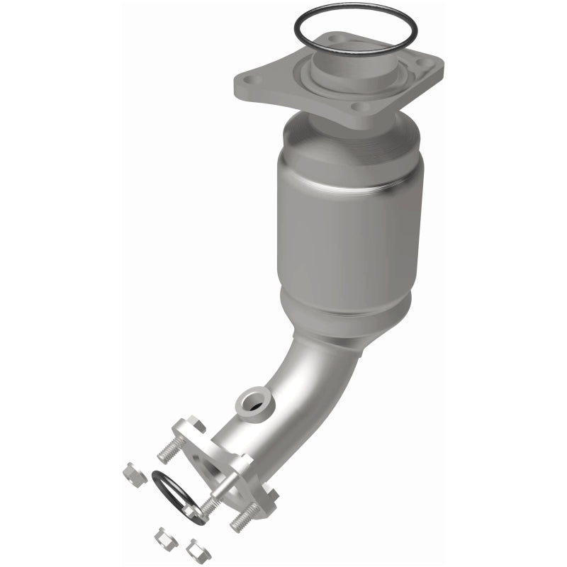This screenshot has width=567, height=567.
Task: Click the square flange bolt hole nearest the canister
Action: [362, 107]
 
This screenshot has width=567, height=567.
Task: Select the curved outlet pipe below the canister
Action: [283, 397]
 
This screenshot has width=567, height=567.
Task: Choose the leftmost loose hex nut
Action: [133, 470]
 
